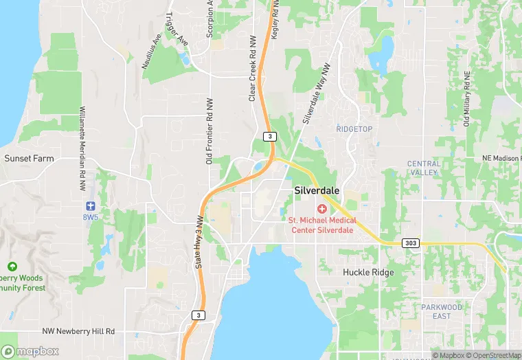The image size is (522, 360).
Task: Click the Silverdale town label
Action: tap(317, 190)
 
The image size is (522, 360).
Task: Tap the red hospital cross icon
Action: tap(321, 208)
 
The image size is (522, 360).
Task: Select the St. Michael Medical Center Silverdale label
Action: tap(321, 225)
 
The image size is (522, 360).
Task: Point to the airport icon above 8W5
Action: tap(90, 205)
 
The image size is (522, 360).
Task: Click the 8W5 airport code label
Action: tap(90, 216)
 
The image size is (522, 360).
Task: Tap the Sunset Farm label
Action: tap(29, 158)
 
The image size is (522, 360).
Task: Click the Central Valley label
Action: tap(423, 168)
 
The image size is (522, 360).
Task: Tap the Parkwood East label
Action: tap(442, 311)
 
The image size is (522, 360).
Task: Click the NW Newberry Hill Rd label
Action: tap(78, 331)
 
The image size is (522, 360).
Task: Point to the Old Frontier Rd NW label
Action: tap(209, 131)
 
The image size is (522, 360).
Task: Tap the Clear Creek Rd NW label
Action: tap(252, 69)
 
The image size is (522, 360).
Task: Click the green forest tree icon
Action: tap(12, 267)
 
